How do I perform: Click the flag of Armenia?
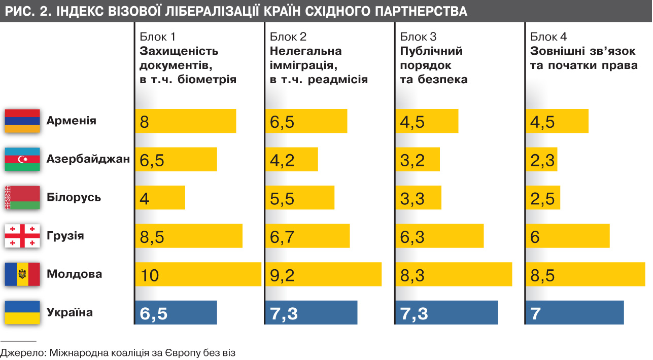[22, 121]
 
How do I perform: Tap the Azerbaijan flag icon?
[22, 159]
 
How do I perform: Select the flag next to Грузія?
[22, 236]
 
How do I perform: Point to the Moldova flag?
[22, 274]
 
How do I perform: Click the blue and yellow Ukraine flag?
[22, 312]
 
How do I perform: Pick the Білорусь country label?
[74, 198]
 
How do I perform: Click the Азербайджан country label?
[88, 159]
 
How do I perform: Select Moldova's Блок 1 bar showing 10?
[198, 274]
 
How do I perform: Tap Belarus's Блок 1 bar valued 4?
[160, 198]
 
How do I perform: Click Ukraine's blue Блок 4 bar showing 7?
[574, 312]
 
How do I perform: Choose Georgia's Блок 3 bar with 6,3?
[439, 236]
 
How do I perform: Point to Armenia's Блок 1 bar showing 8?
[186, 121]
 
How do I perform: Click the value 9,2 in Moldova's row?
[282, 275]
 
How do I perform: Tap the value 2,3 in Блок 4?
[542, 160]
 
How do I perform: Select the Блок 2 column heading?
[288, 37]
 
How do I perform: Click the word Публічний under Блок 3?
[431, 51]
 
